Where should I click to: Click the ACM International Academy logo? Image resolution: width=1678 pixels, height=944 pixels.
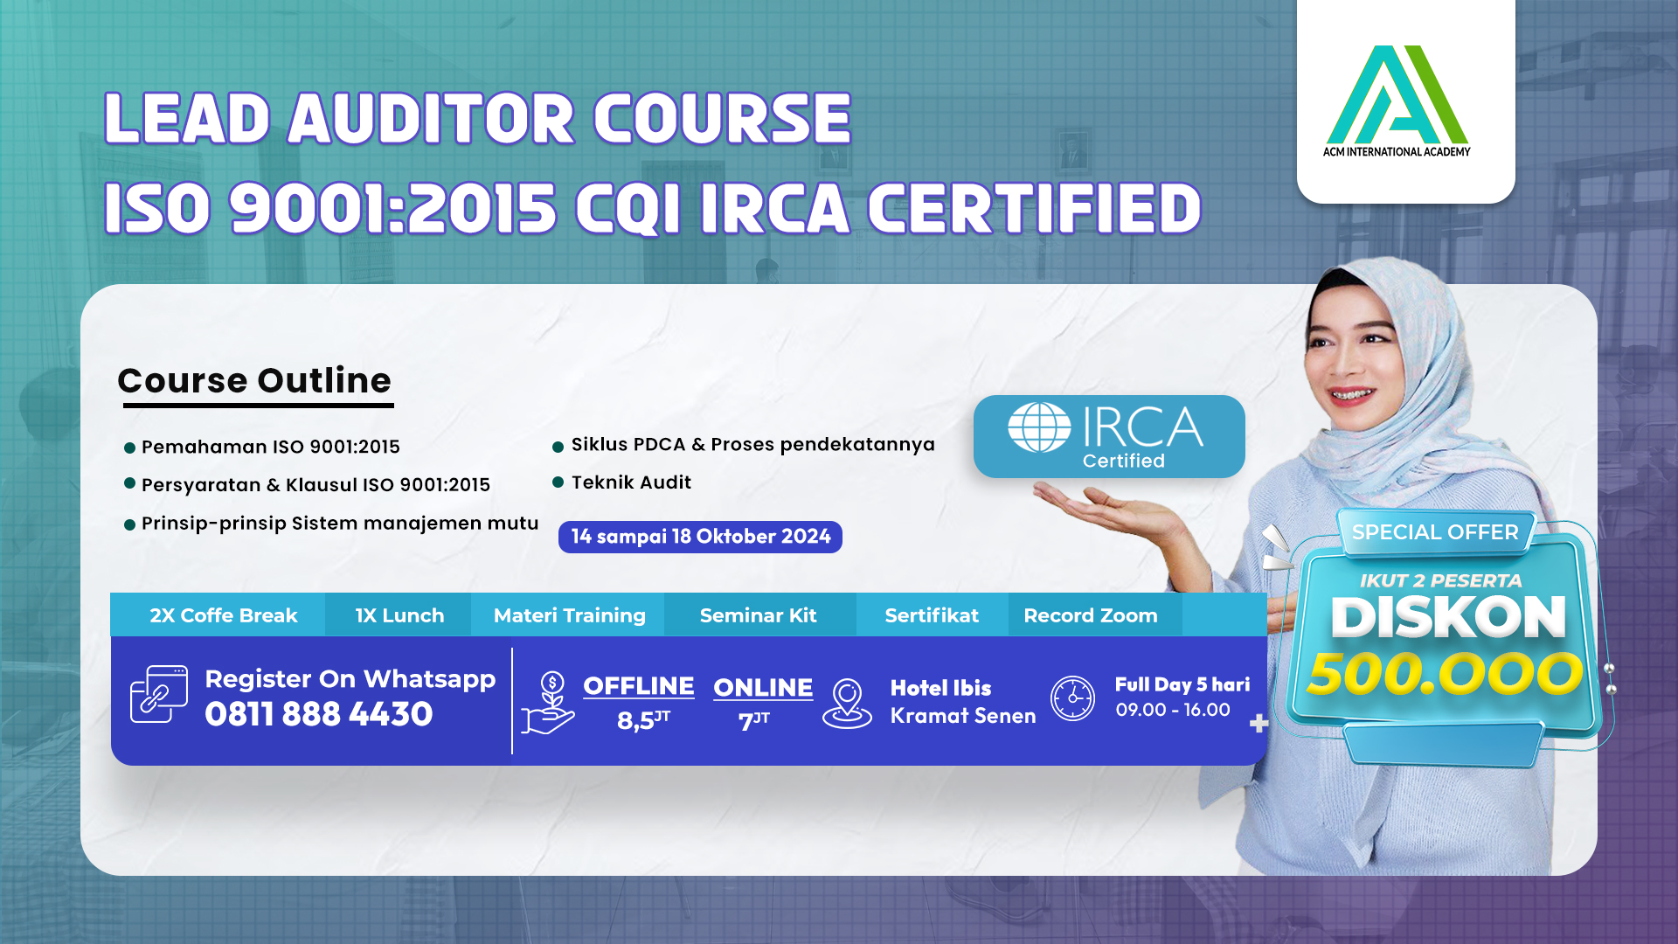[x=1397, y=101]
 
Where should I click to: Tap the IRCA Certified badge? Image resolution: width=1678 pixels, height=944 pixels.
[x=1109, y=436]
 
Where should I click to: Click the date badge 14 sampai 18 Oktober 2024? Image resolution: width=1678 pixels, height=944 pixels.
[x=700, y=537]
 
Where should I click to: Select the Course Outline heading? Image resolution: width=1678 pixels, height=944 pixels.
[x=254, y=381]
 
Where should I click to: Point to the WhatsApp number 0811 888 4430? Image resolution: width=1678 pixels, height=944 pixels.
[x=319, y=714]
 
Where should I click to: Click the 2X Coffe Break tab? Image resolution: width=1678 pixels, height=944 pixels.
[x=224, y=615]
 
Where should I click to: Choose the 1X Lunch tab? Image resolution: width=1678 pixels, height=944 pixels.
[x=399, y=615]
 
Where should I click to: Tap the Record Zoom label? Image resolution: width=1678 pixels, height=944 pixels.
[x=1091, y=615]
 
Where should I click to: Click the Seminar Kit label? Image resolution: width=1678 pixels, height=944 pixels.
[x=758, y=615]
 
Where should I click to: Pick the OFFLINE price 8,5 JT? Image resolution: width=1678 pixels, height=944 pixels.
[x=643, y=719]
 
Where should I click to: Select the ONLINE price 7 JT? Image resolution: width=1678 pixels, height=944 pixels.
[x=753, y=720]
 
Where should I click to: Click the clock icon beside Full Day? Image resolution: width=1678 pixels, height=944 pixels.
[x=1072, y=698]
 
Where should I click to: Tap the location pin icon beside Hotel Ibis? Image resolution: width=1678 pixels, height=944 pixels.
[x=847, y=704]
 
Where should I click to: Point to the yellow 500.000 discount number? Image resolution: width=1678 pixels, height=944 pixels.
[x=1445, y=674]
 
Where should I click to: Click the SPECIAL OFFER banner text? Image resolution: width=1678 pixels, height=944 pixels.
[x=1435, y=531]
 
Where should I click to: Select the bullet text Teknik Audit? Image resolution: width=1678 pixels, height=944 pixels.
[x=631, y=482]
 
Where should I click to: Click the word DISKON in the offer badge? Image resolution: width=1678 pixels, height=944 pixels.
[x=1448, y=617]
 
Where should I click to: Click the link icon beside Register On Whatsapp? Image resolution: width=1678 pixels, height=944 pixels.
[x=158, y=694]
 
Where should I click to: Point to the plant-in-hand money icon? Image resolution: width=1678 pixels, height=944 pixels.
[x=548, y=703]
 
